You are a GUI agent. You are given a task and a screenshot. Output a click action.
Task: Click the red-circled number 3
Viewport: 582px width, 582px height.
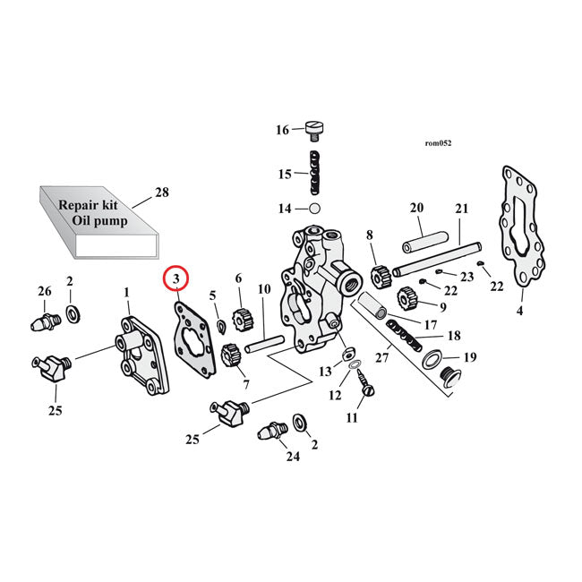[x=176, y=281]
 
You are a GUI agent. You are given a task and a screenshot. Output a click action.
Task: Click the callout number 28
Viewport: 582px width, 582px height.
[x=161, y=193]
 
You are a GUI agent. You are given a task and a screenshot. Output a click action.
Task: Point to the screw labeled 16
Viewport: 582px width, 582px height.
[x=313, y=131]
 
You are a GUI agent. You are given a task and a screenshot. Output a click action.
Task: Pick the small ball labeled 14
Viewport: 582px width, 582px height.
[x=313, y=209]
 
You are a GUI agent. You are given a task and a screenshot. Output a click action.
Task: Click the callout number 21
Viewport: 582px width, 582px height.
[x=462, y=209]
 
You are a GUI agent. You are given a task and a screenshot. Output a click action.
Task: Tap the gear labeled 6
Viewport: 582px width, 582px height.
[x=240, y=318]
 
